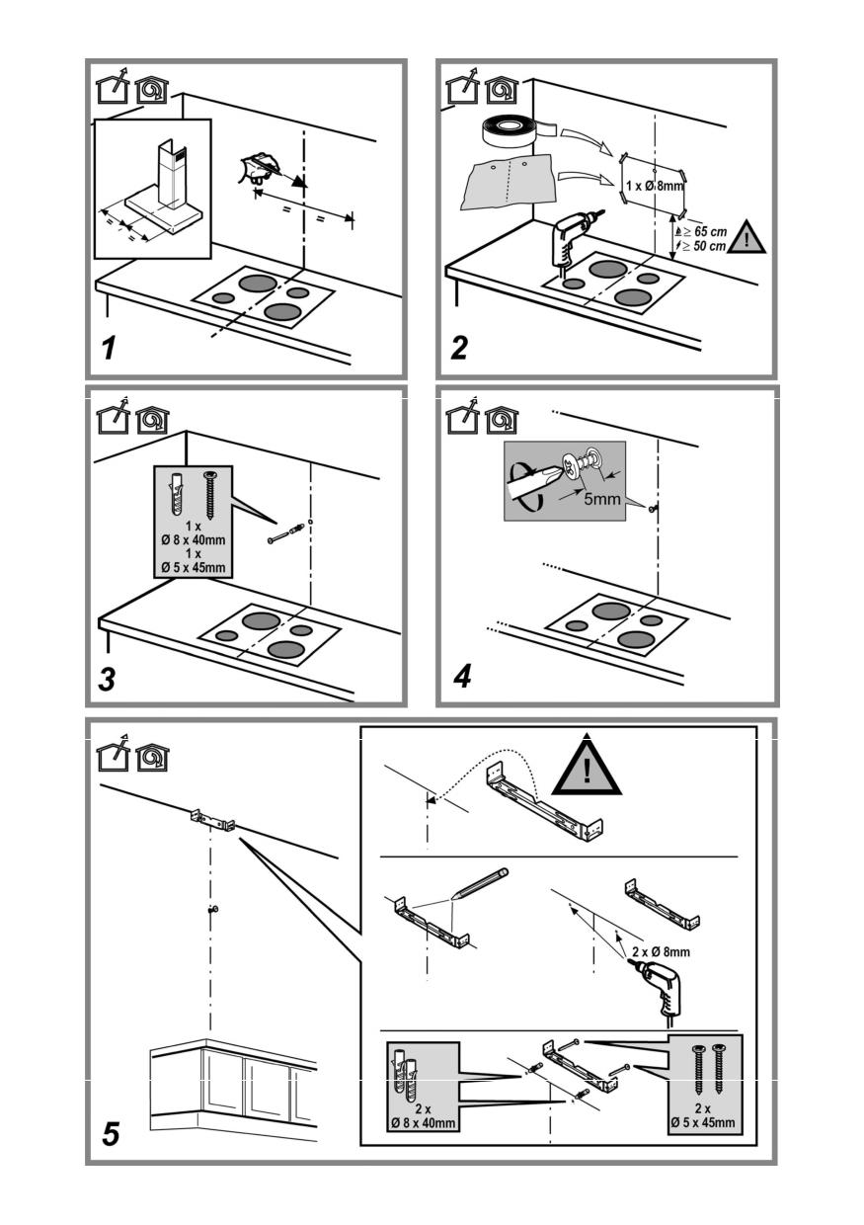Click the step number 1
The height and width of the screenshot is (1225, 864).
pos(111,348)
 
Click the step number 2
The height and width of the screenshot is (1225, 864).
pos(458,348)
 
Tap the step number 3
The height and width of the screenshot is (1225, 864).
pos(111,679)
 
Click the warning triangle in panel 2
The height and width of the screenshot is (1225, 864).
pos(746,238)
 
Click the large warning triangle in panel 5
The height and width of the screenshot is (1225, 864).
pos(587,768)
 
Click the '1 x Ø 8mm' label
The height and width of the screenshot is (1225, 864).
pos(654,185)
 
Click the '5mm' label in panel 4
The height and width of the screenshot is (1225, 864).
pos(601,499)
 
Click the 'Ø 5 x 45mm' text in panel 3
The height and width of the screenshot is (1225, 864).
pos(194,568)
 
